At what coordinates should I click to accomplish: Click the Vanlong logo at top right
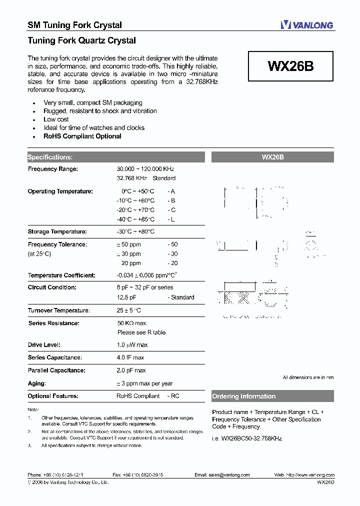pos(306,24)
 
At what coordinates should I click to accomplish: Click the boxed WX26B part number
pos(290,66)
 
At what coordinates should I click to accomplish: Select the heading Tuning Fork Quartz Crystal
pos(81,40)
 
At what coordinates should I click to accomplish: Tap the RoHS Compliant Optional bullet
pos(82,136)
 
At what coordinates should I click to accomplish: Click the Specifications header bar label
pos(50,157)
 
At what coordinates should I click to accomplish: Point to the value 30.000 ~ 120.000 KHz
pos(145,169)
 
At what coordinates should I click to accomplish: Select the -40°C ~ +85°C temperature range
pos(135,219)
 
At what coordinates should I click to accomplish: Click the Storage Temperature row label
pos(57,232)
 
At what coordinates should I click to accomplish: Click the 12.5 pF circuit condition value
pos(127,297)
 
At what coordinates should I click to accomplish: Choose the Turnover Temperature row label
pos(58,310)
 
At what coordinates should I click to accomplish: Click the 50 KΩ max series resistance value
pos(132,323)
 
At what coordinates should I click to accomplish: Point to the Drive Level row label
pos(44,345)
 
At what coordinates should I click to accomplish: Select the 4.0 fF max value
pos(130,358)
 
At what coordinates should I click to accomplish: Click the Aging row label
pos(36,383)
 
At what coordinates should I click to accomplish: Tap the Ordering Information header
pos(244,396)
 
